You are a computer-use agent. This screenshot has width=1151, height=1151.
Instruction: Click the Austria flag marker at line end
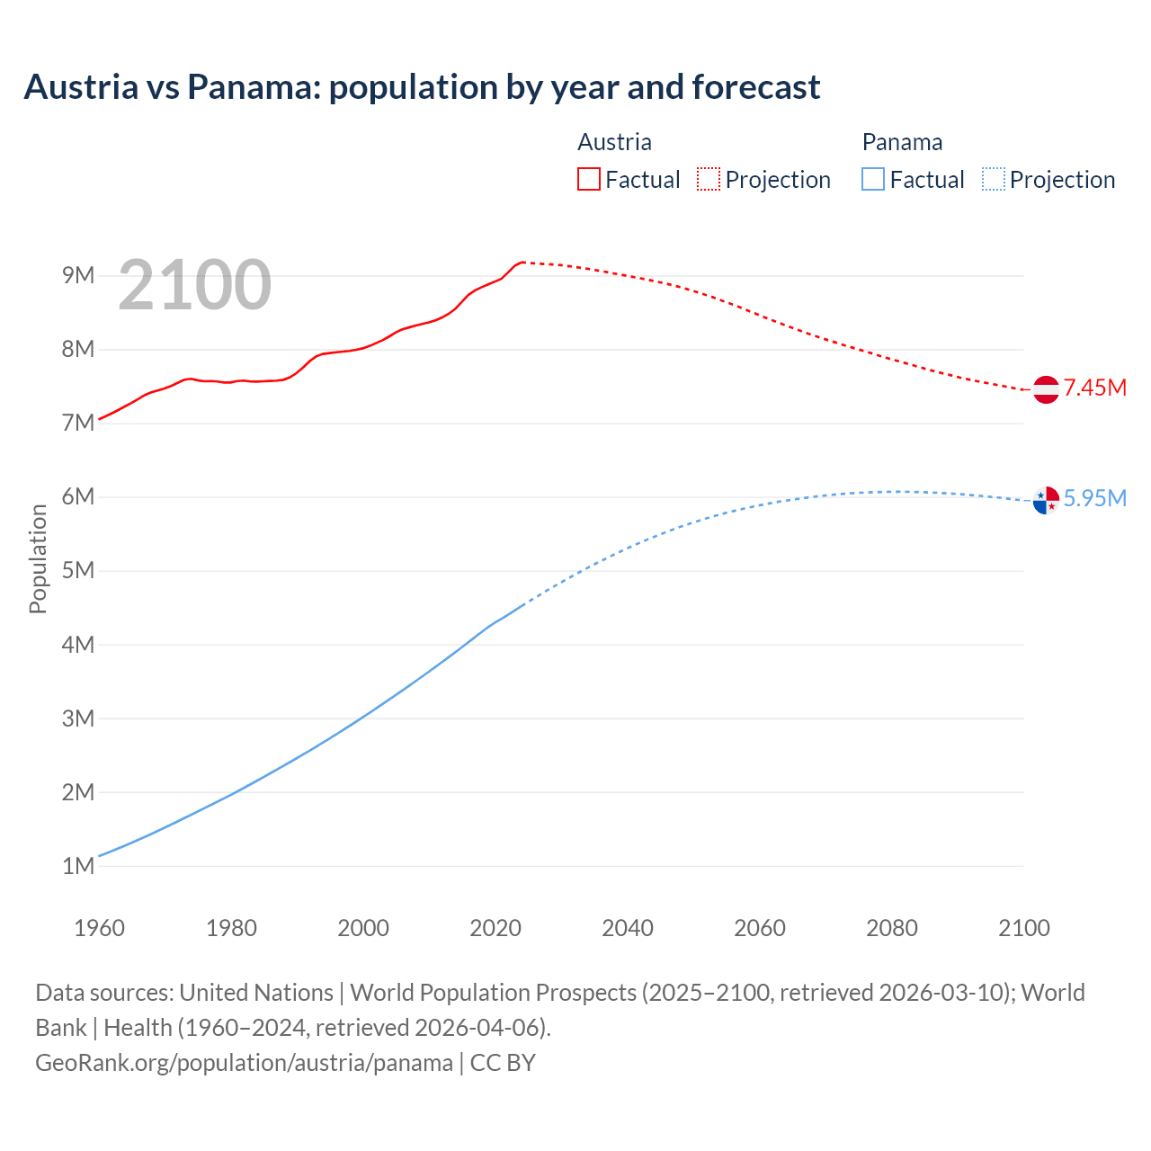click(1046, 389)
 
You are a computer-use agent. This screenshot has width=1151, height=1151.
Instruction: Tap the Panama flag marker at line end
click(1046, 500)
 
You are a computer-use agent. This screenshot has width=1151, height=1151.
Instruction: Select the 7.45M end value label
click(1094, 388)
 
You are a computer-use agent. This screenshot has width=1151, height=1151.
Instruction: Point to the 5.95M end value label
click(1094, 499)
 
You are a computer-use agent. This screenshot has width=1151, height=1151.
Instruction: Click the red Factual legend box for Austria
click(588, 180)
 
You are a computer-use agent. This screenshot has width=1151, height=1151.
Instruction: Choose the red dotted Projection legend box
click(709, 180)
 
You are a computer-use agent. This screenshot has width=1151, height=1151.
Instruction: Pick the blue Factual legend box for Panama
click(873, 180)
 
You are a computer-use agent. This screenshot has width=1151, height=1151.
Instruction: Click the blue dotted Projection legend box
click(993, 180)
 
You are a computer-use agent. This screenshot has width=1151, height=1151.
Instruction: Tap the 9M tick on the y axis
click(78, 275)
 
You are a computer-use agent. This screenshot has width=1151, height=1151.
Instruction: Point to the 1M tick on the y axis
click(78, 866)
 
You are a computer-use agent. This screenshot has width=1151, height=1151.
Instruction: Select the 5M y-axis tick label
click(78, 571)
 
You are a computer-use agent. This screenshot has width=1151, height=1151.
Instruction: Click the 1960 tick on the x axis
click(99, 928)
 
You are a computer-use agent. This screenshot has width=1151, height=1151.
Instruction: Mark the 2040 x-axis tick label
click(628, 928)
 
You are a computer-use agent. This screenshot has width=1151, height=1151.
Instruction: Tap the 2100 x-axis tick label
click(1024, 928)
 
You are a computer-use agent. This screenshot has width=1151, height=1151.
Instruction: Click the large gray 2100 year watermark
click(194, 285)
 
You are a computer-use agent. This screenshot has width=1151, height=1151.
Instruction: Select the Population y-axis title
click(38, 558)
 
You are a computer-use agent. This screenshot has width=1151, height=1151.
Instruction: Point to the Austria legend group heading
click(614, 142)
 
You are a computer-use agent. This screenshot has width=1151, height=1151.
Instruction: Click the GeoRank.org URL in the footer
click(244, 1063)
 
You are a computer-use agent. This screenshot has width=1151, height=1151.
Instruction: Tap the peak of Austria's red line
click(522, 262)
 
